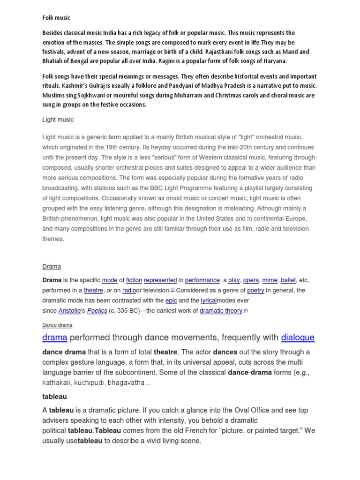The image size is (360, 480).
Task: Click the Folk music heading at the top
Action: pos(56,18)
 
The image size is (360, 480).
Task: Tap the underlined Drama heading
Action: pos(52,267)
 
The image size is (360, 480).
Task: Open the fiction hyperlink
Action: pos(134,280)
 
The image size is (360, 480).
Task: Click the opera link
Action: pos(251,280)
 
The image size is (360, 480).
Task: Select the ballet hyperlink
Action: pos(288,280)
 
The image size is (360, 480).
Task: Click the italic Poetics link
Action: pos(97,311)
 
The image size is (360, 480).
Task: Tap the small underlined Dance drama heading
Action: pos(57,325)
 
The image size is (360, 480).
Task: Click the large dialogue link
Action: pos(298,337)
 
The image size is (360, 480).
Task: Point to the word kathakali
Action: pos(56,383)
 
